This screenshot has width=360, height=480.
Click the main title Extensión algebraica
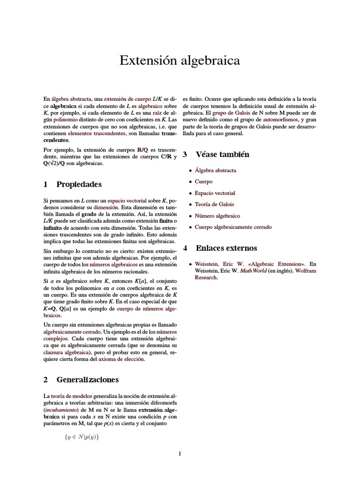(180, 60)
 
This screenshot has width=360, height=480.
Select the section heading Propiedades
(79, 184)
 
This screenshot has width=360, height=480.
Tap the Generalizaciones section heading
(87, 379)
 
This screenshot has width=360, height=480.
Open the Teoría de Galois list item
(214, 204)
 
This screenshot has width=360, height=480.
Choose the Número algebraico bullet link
(217, 216)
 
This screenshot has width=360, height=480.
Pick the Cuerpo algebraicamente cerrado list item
(233, 227)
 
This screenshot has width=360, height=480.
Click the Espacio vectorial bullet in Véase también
(215, 193)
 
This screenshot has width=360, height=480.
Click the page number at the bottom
(180, 453)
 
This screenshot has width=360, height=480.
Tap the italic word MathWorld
(254, 270)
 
